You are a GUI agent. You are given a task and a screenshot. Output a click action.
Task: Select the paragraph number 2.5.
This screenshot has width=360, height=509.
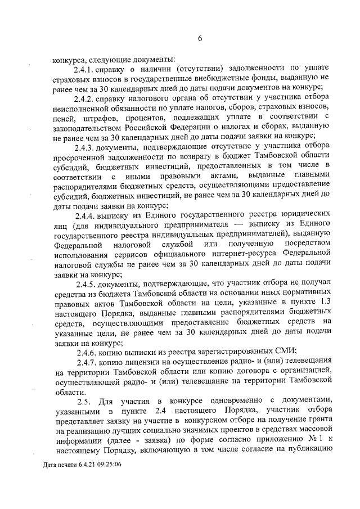point(83,401)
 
